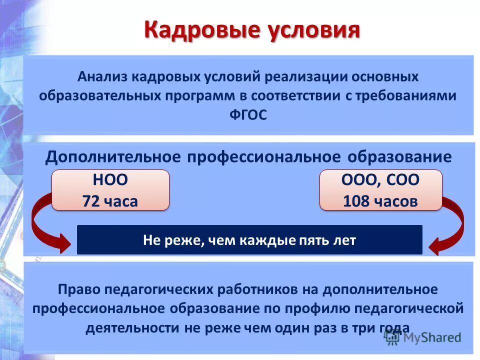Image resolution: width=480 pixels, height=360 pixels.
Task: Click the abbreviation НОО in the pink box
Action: (110, 180)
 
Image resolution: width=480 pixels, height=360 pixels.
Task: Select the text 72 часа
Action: (110, 201)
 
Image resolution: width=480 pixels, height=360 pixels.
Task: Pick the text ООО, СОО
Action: (380, 180)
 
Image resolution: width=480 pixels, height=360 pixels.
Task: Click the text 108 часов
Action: (380, 201)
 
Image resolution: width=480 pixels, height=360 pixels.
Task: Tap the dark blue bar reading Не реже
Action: (249, 240)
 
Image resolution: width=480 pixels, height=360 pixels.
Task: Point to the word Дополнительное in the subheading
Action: (113, 157)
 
